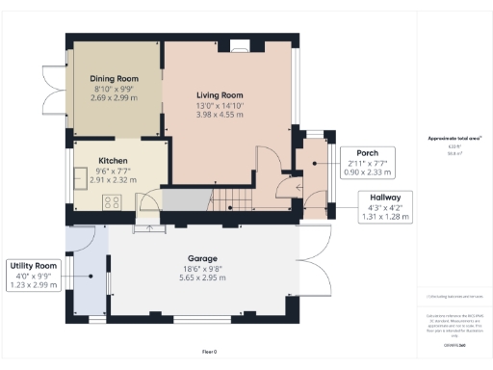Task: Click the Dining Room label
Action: tap(116, 78)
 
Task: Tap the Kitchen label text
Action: tap(114, 162)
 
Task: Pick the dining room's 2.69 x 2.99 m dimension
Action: tap(116, 98)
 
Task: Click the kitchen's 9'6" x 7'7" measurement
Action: tap(114, 172)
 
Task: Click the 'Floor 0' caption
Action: tap(209, 352)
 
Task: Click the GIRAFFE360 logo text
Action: tap(454, 344)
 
